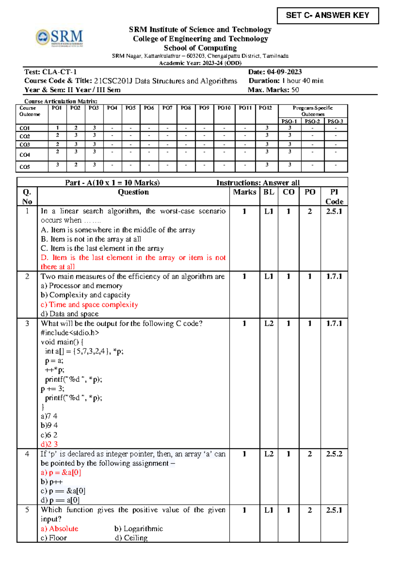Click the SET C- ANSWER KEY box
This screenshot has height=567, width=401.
click(327, 15)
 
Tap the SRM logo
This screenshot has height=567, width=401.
click(60, 38)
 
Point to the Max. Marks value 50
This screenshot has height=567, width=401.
click(295, 90)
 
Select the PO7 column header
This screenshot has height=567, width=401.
click(167, 108)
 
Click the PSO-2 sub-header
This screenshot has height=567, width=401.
click(312, 121)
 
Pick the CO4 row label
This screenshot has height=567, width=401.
click(25, 155)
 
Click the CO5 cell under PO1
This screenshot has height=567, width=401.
click(57, 165)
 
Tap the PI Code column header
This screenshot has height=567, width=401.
click(334, 197)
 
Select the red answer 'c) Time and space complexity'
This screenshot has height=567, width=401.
click(89, 305)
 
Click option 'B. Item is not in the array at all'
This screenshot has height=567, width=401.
click(91, 239)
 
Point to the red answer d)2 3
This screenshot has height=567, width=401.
click(49, 444)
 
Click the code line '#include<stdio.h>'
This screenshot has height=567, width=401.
click(70, 333)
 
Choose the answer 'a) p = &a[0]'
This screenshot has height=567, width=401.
click(61, 472)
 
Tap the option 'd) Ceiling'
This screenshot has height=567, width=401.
click(131, 538)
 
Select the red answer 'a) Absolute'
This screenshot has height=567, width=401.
click(59, 529)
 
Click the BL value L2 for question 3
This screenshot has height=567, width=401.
click(269, 323)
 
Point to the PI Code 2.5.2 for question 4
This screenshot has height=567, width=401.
click(334, 454)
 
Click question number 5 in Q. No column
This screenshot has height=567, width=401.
click(27, 510)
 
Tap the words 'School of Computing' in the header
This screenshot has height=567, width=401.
click(200, 48)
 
